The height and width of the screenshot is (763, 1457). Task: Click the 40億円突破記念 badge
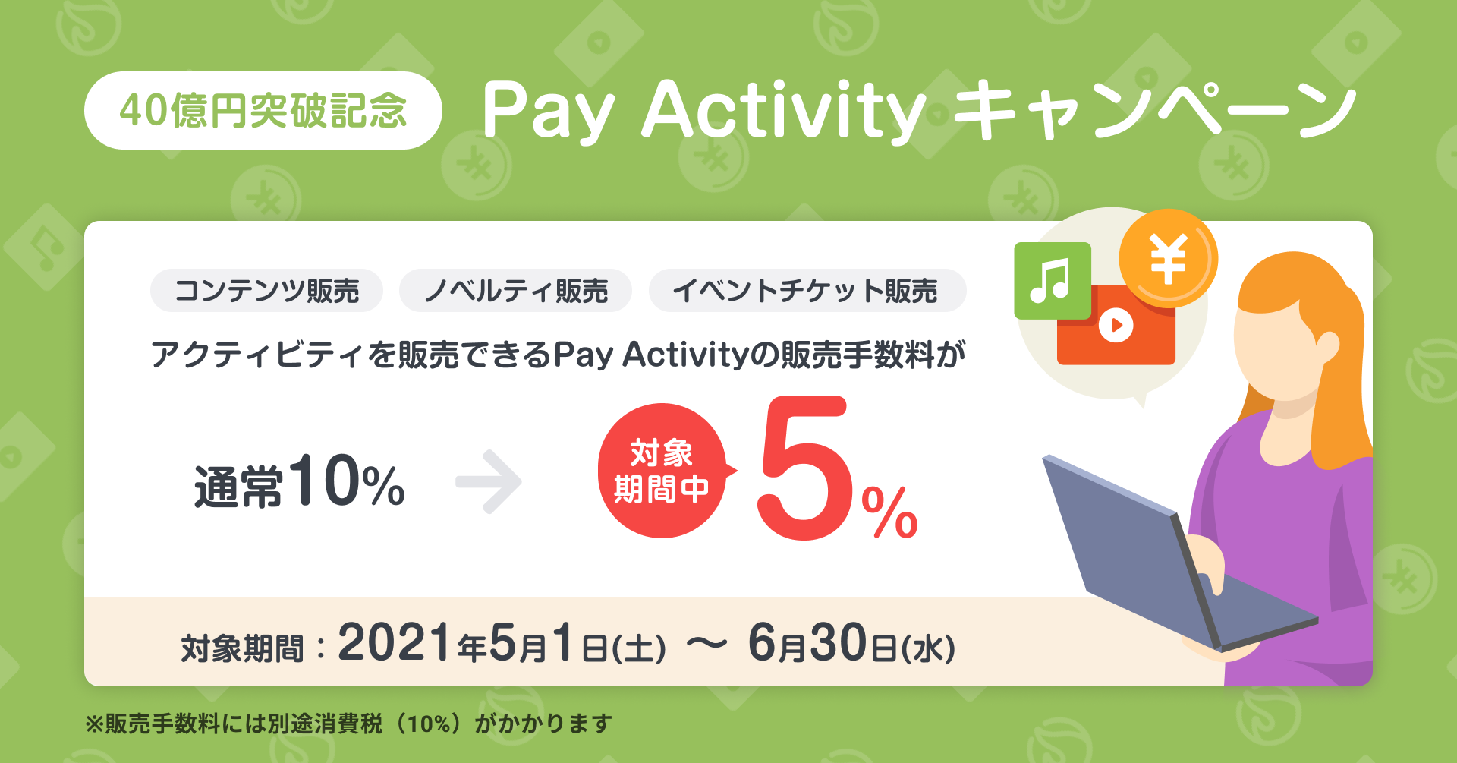pos(263,110)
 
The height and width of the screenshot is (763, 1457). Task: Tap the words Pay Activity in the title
pos(704,110)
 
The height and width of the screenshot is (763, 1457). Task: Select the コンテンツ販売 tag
pos(266,291)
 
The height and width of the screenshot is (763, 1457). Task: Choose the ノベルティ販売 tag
pos(515,291)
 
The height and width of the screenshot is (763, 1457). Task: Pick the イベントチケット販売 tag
pos(807,291)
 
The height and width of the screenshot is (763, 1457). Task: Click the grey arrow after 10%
pos(489,481)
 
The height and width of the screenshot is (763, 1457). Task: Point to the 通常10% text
pos(300,481)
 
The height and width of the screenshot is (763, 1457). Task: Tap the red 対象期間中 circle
pos(663,471)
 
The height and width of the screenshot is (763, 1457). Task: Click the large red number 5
pos(804,468)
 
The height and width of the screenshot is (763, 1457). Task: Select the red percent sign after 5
pos(889,512)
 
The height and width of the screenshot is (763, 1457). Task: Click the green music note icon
pos(1053,281)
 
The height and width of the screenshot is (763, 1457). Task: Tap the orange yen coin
pos(1169,258)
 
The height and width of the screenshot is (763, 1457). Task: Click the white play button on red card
pos(1116,326)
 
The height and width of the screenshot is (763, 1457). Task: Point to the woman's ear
pos(1326,346)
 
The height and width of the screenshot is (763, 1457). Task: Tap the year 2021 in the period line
pos(395,642)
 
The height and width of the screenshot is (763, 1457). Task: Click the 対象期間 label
pos(242,648)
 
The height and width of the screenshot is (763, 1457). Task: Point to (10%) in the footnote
pos(428,724)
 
